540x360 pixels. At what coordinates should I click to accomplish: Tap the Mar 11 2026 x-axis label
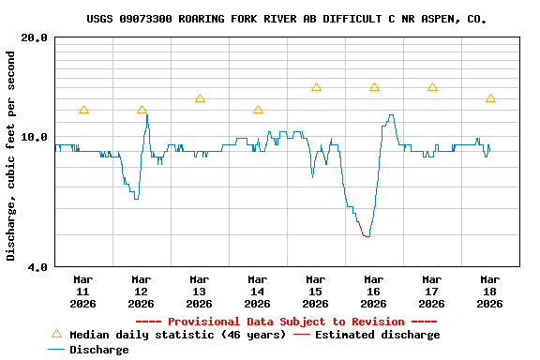click(x=82, y=292)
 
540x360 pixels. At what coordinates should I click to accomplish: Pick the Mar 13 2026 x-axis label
click(x=199, y=292)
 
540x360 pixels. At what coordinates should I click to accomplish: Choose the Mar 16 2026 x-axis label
click(x=373, y=292)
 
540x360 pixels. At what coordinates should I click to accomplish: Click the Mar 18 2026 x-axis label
click(x=489, y=292)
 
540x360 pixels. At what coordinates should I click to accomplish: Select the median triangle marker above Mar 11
click(x=83, y=111)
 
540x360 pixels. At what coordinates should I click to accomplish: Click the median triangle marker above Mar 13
click(x=200, y=98)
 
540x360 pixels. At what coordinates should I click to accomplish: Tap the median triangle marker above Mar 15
click(x=316, y=87)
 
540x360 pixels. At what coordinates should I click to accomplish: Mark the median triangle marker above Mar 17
click(x=432, y=87)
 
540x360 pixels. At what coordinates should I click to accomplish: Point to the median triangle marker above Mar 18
click(x=490, y=98)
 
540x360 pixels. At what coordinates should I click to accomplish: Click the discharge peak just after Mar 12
click(x=146, y=115)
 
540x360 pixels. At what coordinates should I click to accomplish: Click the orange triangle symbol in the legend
click(x=56, y=334)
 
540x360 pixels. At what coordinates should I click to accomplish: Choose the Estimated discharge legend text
click(x=377, y=335)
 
